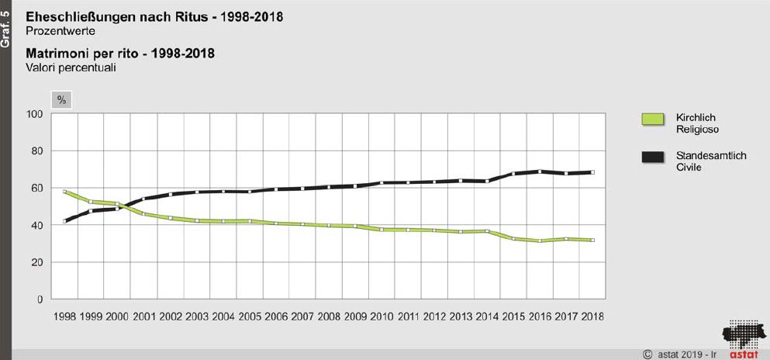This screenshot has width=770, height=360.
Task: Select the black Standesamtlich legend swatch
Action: tap(652, 157)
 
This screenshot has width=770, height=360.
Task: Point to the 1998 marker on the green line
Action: tap(65, 192)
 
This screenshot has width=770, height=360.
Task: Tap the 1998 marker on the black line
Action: tap(65, 221)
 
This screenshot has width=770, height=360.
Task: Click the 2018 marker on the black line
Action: tap(592, 172)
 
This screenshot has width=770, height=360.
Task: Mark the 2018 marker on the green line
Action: tap(592, 241)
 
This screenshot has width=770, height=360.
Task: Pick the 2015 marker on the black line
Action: tap(513, 174)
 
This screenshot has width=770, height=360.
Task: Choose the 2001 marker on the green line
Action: tap(144, 213)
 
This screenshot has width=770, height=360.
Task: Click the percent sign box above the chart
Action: tap(61, 100)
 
